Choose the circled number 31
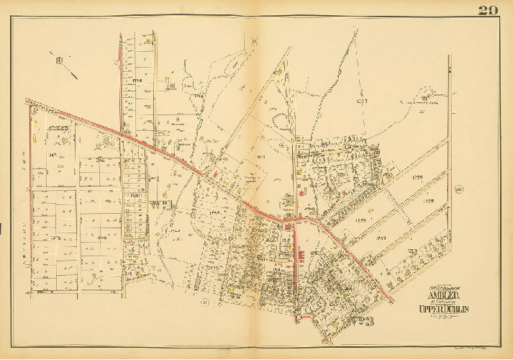pyautogui.click(x=204, y=302)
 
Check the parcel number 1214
pyautogui.click(x=199, y=95)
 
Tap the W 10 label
pyautogui.click(x=159, y=204)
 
